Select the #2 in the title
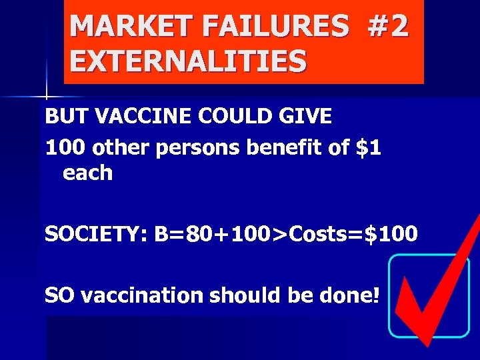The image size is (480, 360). tap(385, 27)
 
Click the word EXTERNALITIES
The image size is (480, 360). tap(188, 61)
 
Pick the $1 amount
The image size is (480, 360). tap(368, 148)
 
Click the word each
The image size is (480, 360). tap(87, 173)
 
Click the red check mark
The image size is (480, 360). tap(433, 287)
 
